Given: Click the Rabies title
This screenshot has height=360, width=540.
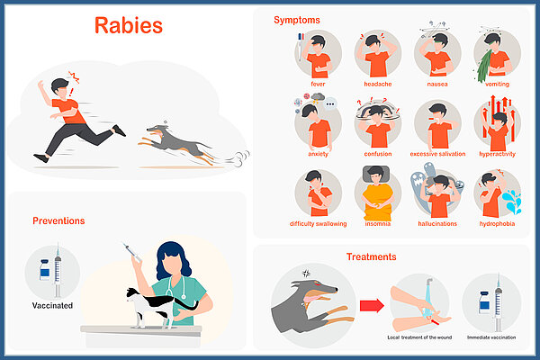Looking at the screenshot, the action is click(x=129, y=26).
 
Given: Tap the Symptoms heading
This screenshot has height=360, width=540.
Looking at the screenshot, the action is click(x=297, y=21).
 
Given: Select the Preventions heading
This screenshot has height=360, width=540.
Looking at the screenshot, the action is click(x=58, y=220).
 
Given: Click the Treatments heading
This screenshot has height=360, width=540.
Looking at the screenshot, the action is click(x=371, y=256).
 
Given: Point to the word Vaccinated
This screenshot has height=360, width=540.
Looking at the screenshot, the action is click(x=52, y=306).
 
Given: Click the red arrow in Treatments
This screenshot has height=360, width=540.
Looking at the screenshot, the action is click(x=372, y=306).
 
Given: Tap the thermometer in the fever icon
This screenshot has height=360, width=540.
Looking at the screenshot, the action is click(x=301, y=47).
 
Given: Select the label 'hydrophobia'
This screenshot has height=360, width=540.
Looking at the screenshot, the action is click(x=497, y=224).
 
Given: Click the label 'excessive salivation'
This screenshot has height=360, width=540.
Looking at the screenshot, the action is click(x=437, y=154).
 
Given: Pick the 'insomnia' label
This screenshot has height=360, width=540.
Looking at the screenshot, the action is click(x=378, y=224).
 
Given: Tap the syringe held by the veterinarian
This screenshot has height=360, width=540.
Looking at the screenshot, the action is click(x=132, y=252).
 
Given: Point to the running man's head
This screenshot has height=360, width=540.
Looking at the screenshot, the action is click(x=60, y=87).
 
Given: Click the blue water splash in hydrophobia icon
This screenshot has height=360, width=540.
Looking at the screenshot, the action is click(x=512, y=201).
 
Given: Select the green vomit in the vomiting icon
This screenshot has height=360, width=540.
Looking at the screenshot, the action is click(x=484, y=66).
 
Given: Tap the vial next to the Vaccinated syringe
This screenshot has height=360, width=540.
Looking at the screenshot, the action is click(x=44, y=270).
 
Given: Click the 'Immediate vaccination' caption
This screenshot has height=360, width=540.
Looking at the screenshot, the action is click(x=491, y=337).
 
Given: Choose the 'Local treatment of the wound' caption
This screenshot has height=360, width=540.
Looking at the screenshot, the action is click(x=419, y=337).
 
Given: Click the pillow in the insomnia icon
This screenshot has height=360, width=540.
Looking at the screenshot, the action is click(x=376, y=175).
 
